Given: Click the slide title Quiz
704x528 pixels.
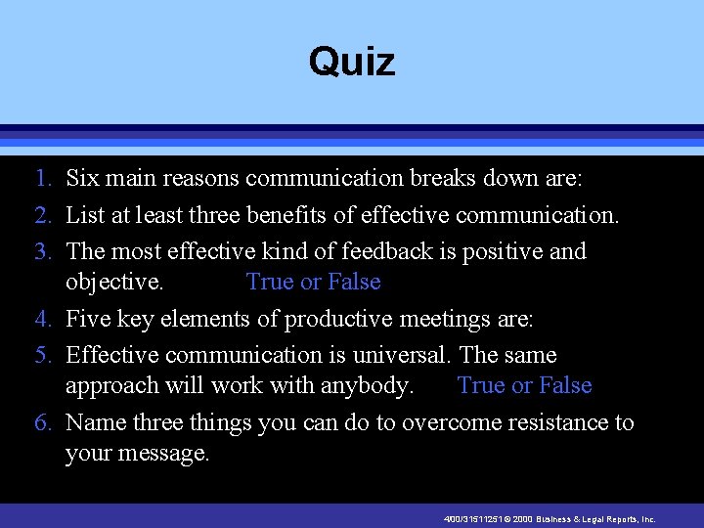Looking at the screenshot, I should point(352,62).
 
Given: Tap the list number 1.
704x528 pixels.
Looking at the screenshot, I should point(42,179).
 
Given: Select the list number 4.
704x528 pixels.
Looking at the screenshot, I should point(42,319).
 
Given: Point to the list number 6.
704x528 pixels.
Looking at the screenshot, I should point(42,423).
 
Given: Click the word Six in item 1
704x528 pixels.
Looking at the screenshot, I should point(85,179).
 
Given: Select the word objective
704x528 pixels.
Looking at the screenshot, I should point(113,284).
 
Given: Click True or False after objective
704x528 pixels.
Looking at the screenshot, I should point(313,283).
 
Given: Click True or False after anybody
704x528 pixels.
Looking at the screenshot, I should point(524,386).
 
